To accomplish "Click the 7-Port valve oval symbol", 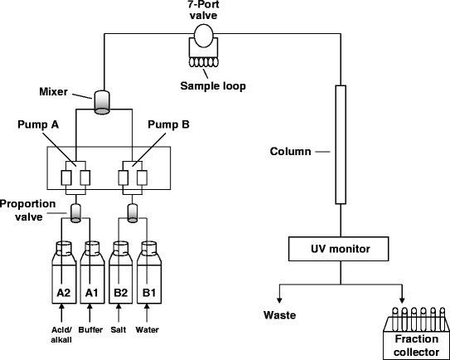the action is pyautogui.click(x=204, y=36).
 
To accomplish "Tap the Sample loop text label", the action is pyautogui.click(x=213, y=86).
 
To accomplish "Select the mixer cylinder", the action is pyautogui.click(x=102, y=102).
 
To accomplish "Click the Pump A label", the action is pyautogui.click(x=38, y=124).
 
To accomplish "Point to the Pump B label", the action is pyautogui.click(x=168, y=124).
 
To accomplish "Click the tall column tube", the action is pyautogui.click(x=341, y=144).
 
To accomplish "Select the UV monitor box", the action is pyautogui.click(x=339, y=249).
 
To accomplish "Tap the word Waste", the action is pyautogui.click(x=279, y=315).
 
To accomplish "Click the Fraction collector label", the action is pyautogui.click(x=416, y=345).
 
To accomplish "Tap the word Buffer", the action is pyautogui.click(x=90, y=329).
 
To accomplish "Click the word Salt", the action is pyautogui.click(x=119, y=329).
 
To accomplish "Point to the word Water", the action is pyautogui.click(x=147, y=329).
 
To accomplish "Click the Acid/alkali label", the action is pyautogui.click(x=61, y=334).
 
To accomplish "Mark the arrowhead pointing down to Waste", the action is pyautogui.click(x=279, y=300).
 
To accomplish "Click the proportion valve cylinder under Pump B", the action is pyautogui.click(x=133, y=213).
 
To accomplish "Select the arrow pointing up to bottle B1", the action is pyautogui.click(x=147, y=313).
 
